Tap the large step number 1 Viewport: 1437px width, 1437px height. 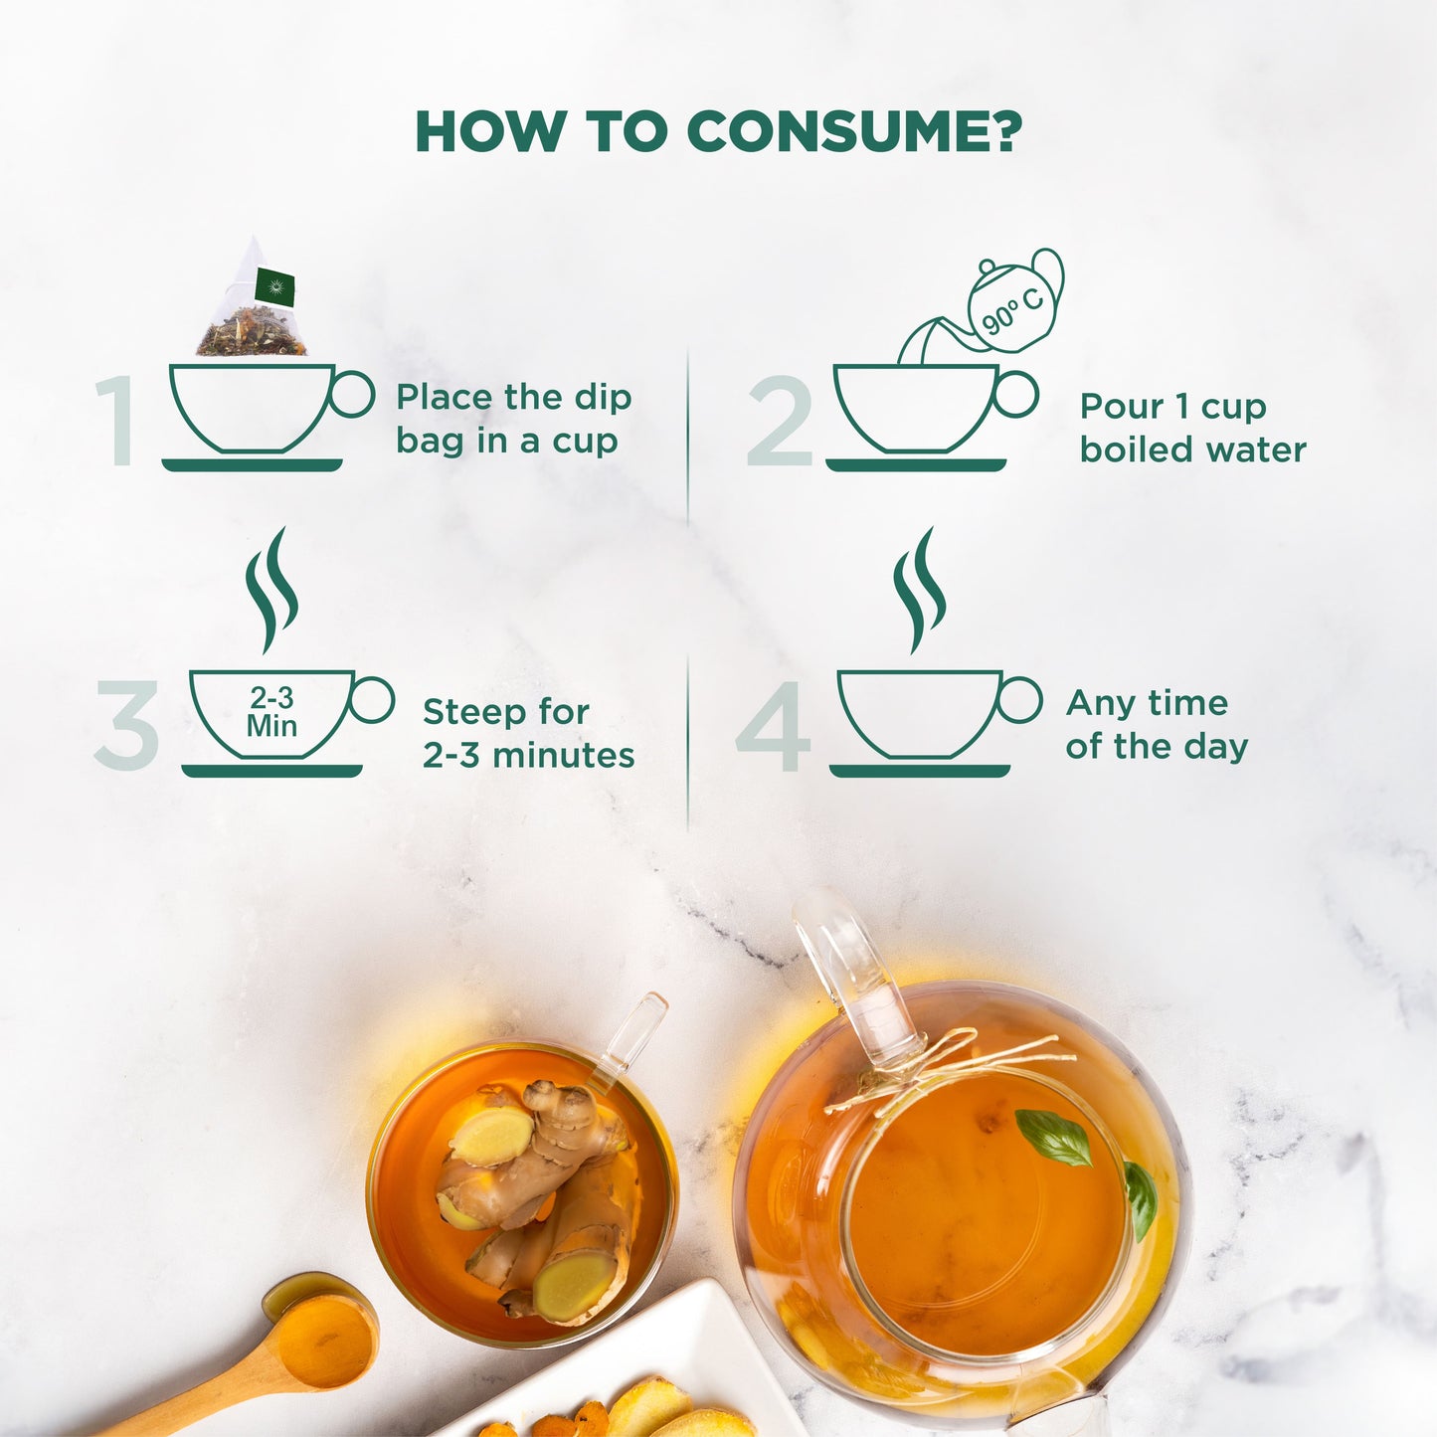pos(115,422)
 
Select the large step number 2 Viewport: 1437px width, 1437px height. pos(781,422)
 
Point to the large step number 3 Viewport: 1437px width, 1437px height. pos(126,725)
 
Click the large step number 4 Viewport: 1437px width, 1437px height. pos(774,725)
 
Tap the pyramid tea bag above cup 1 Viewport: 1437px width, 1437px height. pos(252,298)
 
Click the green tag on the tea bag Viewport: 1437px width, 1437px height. pos(274,286)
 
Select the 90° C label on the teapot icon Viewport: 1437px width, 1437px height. pos(1012,311)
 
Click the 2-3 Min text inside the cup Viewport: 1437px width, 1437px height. pos(271,711)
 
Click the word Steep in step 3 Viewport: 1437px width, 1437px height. pos(466,712)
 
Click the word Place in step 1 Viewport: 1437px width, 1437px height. pos(446,398)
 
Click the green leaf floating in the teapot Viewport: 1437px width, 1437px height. pos(1053,1139)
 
